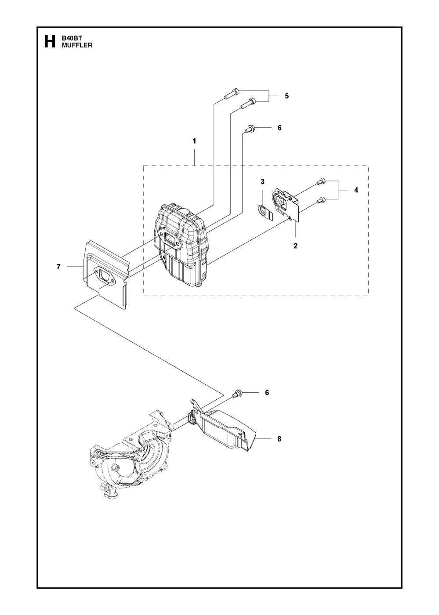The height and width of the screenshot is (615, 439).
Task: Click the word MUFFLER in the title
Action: click(77, 45)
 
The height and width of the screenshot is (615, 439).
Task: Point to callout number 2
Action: click(295, 246)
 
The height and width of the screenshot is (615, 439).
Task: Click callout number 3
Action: click(262, 181)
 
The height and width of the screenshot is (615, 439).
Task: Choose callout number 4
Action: click(356, 190)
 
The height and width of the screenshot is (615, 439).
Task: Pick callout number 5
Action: click(287, 96)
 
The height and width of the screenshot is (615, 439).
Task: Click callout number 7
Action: click(58, 267)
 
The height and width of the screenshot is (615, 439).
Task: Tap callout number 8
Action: click(279, 439)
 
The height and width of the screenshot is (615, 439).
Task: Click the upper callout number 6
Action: click(279, 128)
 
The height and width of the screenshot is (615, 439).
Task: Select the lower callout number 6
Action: click(267, 393)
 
